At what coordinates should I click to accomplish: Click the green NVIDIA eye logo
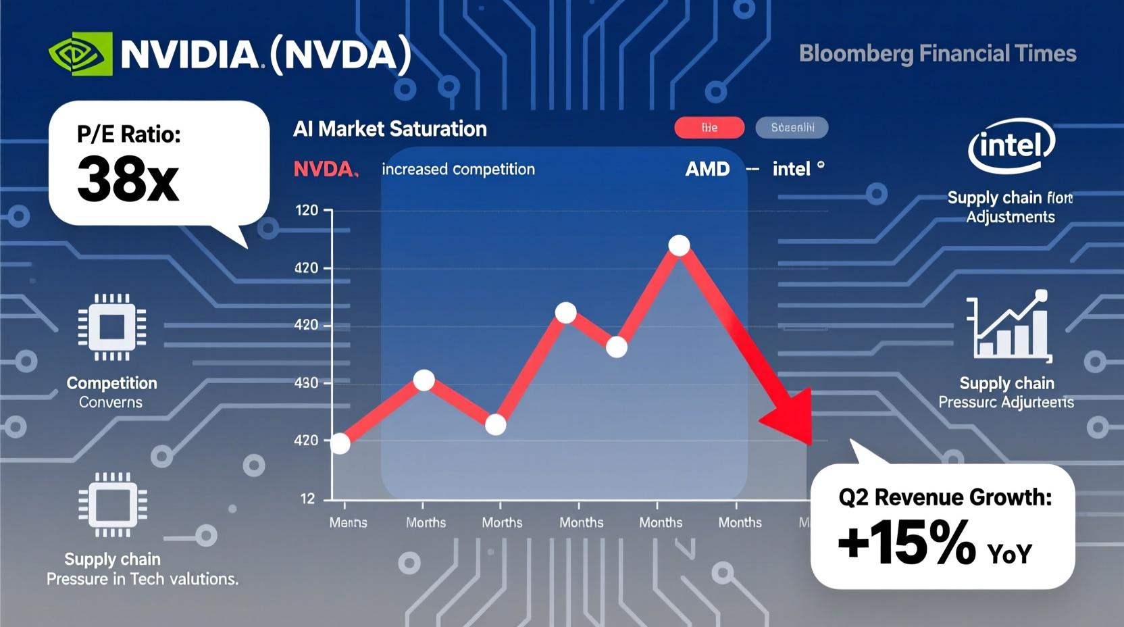click(x=80, y=54)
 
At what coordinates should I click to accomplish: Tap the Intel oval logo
click(x=1011, y=145)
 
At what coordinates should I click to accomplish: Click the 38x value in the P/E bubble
click(x=128, y=180)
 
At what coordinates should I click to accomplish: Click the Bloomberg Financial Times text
click(x=937, y=54)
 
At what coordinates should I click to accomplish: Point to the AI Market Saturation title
click(x=390, y=129)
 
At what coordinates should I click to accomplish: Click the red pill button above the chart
click(x=709, y=128)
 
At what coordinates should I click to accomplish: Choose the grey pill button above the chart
click(x=792, y=128)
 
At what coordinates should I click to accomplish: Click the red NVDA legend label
click(x=324, y=169)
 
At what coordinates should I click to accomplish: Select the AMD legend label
click(x=707, y=169)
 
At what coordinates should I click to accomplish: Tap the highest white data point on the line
click(x=679, y=245)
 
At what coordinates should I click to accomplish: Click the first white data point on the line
click(x=340, y=444)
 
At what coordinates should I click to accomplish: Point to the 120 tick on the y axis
click(x=307, y=211)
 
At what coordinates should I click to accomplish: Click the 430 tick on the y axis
click(x=306, y=383)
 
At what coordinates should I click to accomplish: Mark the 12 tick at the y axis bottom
click(x=307, y=499)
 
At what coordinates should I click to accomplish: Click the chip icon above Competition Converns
click(x=112, y=327)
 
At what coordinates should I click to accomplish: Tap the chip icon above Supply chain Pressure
click(x=112, y=505)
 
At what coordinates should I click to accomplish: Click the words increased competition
click(x=458, y=169)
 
